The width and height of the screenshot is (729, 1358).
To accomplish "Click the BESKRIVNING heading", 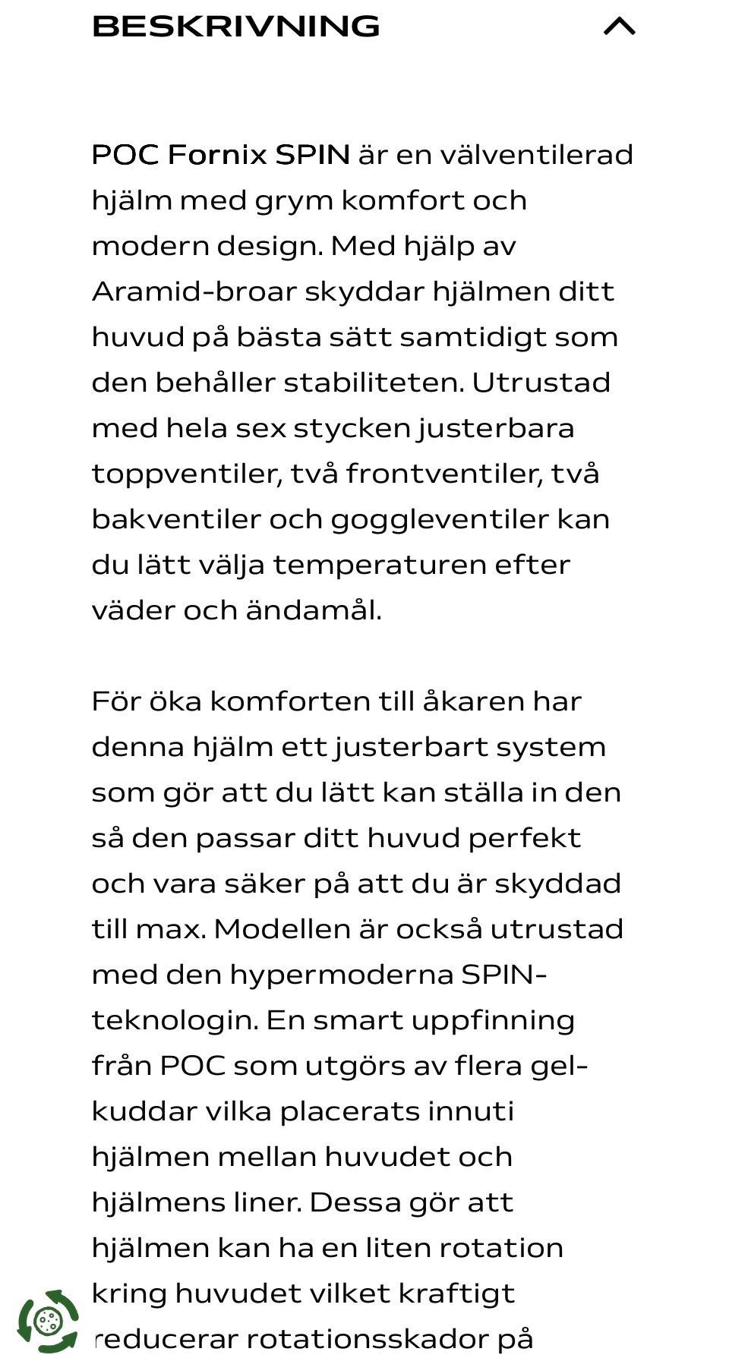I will (x=235, y=27).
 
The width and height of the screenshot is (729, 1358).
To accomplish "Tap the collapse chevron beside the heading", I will (x=619, y=27).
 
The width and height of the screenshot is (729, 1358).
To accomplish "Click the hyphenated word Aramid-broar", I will (x=193, y=292).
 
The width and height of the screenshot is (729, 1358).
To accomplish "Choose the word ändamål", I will (x=313, y=611).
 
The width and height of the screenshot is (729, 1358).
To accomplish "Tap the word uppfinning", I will (x=493, y=1020).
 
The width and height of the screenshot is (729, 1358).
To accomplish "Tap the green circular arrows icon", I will (x=48, y=1322).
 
